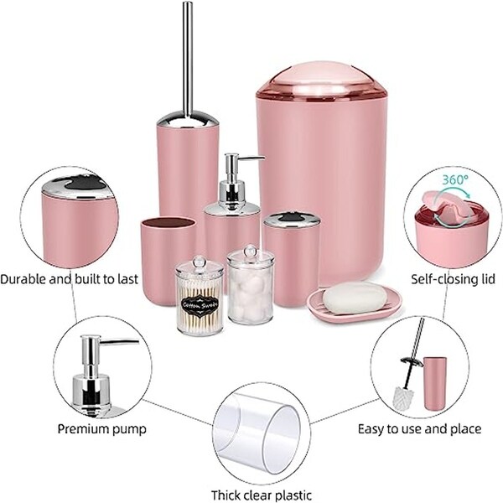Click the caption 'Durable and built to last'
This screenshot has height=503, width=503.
pos(70,278)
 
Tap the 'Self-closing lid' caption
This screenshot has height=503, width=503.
pos(446,278)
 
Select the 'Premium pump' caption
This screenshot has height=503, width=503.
pos(101,428)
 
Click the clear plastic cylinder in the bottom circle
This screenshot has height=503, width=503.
pos(257,428)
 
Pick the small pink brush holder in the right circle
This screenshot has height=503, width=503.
pos(435,382)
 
